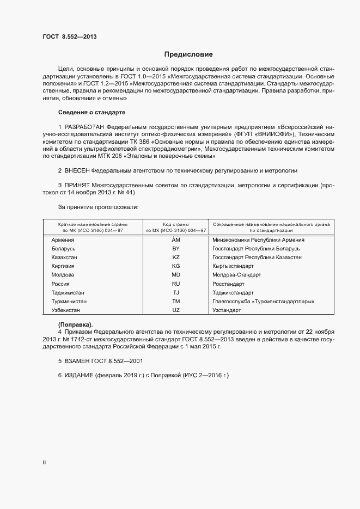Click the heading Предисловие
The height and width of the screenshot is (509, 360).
point(188,54)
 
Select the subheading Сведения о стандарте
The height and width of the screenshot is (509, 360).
point(91,112)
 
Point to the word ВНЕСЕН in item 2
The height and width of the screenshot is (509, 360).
point(80,170)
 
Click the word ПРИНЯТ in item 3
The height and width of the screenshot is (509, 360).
point(78,186)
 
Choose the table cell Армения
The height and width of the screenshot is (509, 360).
point(63,240)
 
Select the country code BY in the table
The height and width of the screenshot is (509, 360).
point(176,249)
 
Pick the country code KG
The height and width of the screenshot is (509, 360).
point(176,266)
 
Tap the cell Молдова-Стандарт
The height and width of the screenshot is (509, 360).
point(237,275)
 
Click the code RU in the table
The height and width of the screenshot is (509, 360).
point(176,284)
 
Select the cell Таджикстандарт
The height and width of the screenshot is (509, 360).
point(235,292)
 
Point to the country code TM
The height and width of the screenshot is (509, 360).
point(176,301)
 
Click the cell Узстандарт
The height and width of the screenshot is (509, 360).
point(227,310)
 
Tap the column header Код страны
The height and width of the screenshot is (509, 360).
point(176,224)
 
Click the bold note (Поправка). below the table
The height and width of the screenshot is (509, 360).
point(76,324)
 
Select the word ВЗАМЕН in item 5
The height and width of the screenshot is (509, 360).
point(80,361)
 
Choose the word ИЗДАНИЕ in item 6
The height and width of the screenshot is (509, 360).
point(80,376)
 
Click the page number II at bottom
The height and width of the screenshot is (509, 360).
point(44,463)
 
